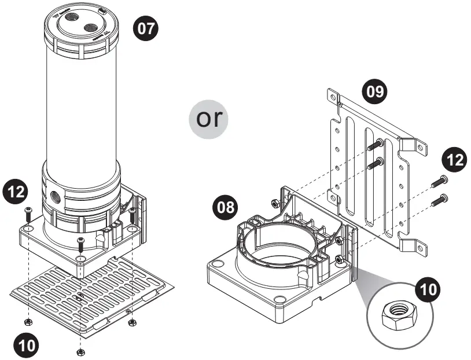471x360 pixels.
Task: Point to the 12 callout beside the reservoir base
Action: point(17,190)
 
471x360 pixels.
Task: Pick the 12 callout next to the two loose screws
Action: point(456,159)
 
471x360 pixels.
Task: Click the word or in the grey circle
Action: point(209,119)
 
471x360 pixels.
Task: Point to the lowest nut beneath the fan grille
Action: point(79,351)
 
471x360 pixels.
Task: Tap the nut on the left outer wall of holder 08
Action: point(274,202)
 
